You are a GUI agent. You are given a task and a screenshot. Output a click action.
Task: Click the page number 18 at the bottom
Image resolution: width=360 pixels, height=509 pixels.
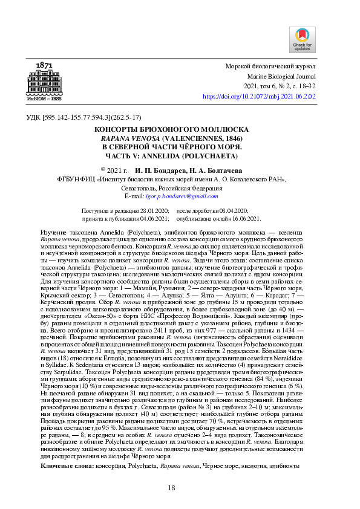pyautogui.click(x=171, y=488)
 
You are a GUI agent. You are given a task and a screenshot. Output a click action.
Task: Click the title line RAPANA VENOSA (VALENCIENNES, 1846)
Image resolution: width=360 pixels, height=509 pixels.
pyautogui.click(x=179, y=138)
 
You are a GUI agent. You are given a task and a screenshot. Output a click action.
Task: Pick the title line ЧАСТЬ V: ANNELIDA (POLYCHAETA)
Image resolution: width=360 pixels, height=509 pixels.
pyautogui.click(x=179, y=155)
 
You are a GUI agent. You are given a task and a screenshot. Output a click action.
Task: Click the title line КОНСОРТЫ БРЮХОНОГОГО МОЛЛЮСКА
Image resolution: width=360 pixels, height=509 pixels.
pyautogui.click(x=179, y=129)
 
